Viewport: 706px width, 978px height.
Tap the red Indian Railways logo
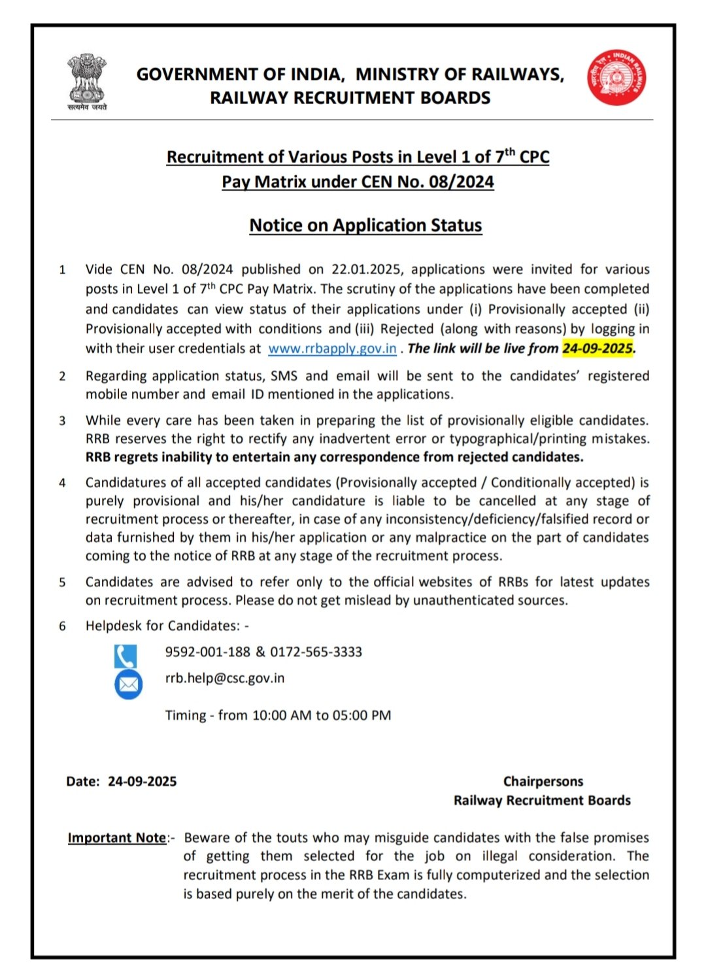pos(616,77)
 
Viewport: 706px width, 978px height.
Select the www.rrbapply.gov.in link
pos(332,348)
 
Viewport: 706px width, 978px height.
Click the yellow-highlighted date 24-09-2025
pos(597,348)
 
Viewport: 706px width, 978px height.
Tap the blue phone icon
pos(126,656)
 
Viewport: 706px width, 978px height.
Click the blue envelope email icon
pos(128,684)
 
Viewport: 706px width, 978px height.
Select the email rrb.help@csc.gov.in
pos(224,678)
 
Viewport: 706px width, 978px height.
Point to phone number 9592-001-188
pos(207,652)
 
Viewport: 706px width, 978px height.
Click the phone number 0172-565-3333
pos(316,652)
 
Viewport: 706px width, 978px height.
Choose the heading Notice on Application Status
pos(365,226)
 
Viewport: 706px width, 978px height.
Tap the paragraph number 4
pos(62,483)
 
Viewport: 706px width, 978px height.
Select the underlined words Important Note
pos(117,838)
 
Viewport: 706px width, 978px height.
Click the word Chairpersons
pos(543,781)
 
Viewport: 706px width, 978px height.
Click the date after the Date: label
pos(142,781)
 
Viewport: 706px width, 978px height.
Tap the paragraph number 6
pos(62,626)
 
